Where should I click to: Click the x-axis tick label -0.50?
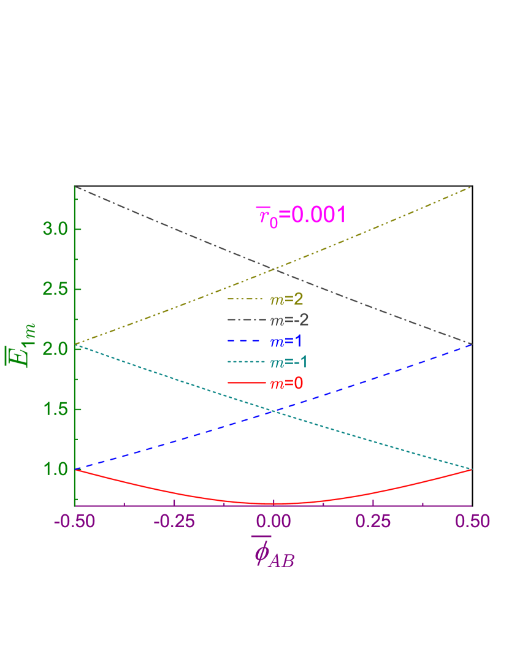[74, 522]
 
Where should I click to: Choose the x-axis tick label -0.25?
[174, 522]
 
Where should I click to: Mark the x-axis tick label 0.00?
[274, 522]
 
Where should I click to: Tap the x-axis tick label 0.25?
[373, 522]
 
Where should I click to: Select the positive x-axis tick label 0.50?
[472, 522]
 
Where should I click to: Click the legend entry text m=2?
[286, 300]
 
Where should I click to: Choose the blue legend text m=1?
[286, 341]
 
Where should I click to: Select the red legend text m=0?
[286, 384]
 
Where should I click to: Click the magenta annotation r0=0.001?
[301, 216]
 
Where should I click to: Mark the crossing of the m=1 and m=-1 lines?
[274, 411]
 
